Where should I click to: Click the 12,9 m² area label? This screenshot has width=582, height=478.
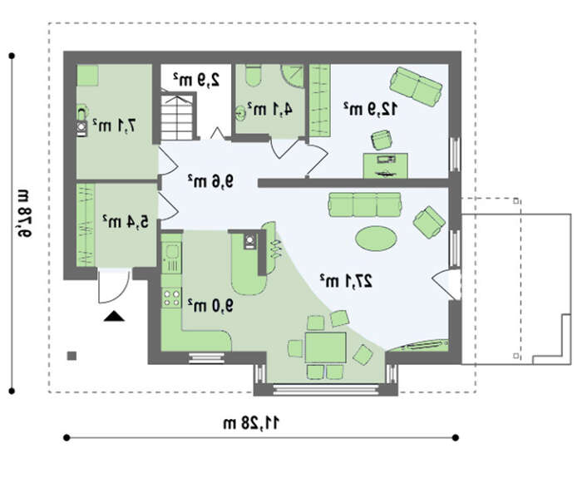[370, 109]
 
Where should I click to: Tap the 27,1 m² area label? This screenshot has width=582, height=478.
[347, 281]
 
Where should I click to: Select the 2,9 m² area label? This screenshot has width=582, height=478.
[196, 80]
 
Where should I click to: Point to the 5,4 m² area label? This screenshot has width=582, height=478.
[126, 222]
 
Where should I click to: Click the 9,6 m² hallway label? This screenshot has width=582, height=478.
[210, 181]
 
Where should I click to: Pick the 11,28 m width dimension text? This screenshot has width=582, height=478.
[251, 422]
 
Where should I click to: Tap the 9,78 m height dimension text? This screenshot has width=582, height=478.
[24, 213]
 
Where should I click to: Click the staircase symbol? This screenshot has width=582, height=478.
[178, 116]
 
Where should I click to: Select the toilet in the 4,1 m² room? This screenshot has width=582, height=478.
[254, 76]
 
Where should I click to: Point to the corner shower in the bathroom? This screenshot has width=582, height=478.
[292, 76]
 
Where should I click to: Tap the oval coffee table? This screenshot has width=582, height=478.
[376, 239]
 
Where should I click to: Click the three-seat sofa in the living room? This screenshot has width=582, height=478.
[365, 205]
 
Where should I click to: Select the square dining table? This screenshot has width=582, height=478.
[326, 347]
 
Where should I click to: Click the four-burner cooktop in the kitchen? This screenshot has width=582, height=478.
[171, 298]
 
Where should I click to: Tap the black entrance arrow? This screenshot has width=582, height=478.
[114, 316]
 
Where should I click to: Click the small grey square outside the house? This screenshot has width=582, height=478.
[72, 356]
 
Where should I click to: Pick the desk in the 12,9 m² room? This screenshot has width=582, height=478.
[385, 165]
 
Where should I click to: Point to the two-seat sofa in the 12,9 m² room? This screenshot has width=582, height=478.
[416, 86]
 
